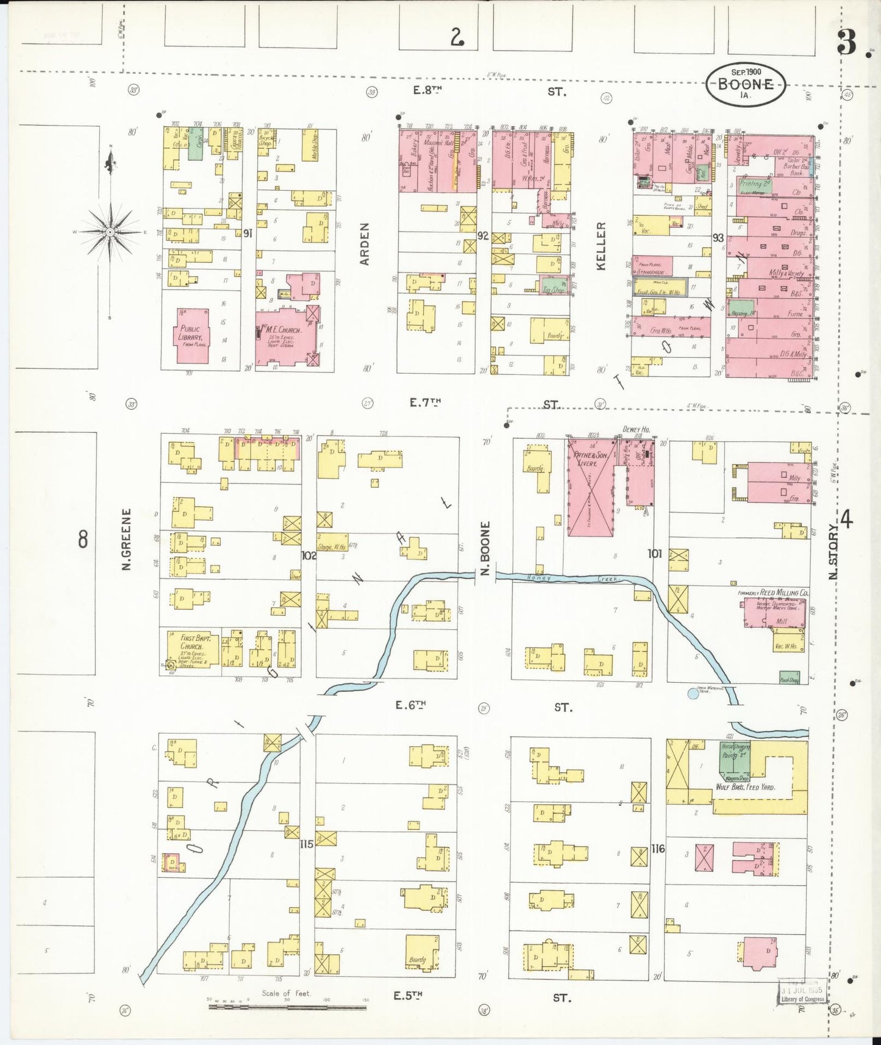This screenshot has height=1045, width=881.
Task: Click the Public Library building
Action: (193, 335)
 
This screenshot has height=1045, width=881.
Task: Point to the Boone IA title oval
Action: (746, 85)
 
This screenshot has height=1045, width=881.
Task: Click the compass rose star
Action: (110, 232)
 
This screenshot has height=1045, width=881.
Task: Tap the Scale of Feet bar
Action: (287, 1007)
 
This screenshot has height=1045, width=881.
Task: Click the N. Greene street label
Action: (127, 540)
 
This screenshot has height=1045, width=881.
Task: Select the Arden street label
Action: (365, 244)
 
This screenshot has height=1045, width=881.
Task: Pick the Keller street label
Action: (601, 246)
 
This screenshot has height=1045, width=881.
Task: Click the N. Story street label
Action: (833, 552)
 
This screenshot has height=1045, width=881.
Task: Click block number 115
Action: (307, 844)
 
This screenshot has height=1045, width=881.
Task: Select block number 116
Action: (657, 848)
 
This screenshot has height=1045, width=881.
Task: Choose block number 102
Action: (309, 555)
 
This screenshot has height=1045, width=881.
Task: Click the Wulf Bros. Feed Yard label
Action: (745, 787)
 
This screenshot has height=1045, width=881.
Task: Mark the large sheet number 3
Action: (846, 43)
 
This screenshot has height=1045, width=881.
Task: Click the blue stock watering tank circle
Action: (693, 693)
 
